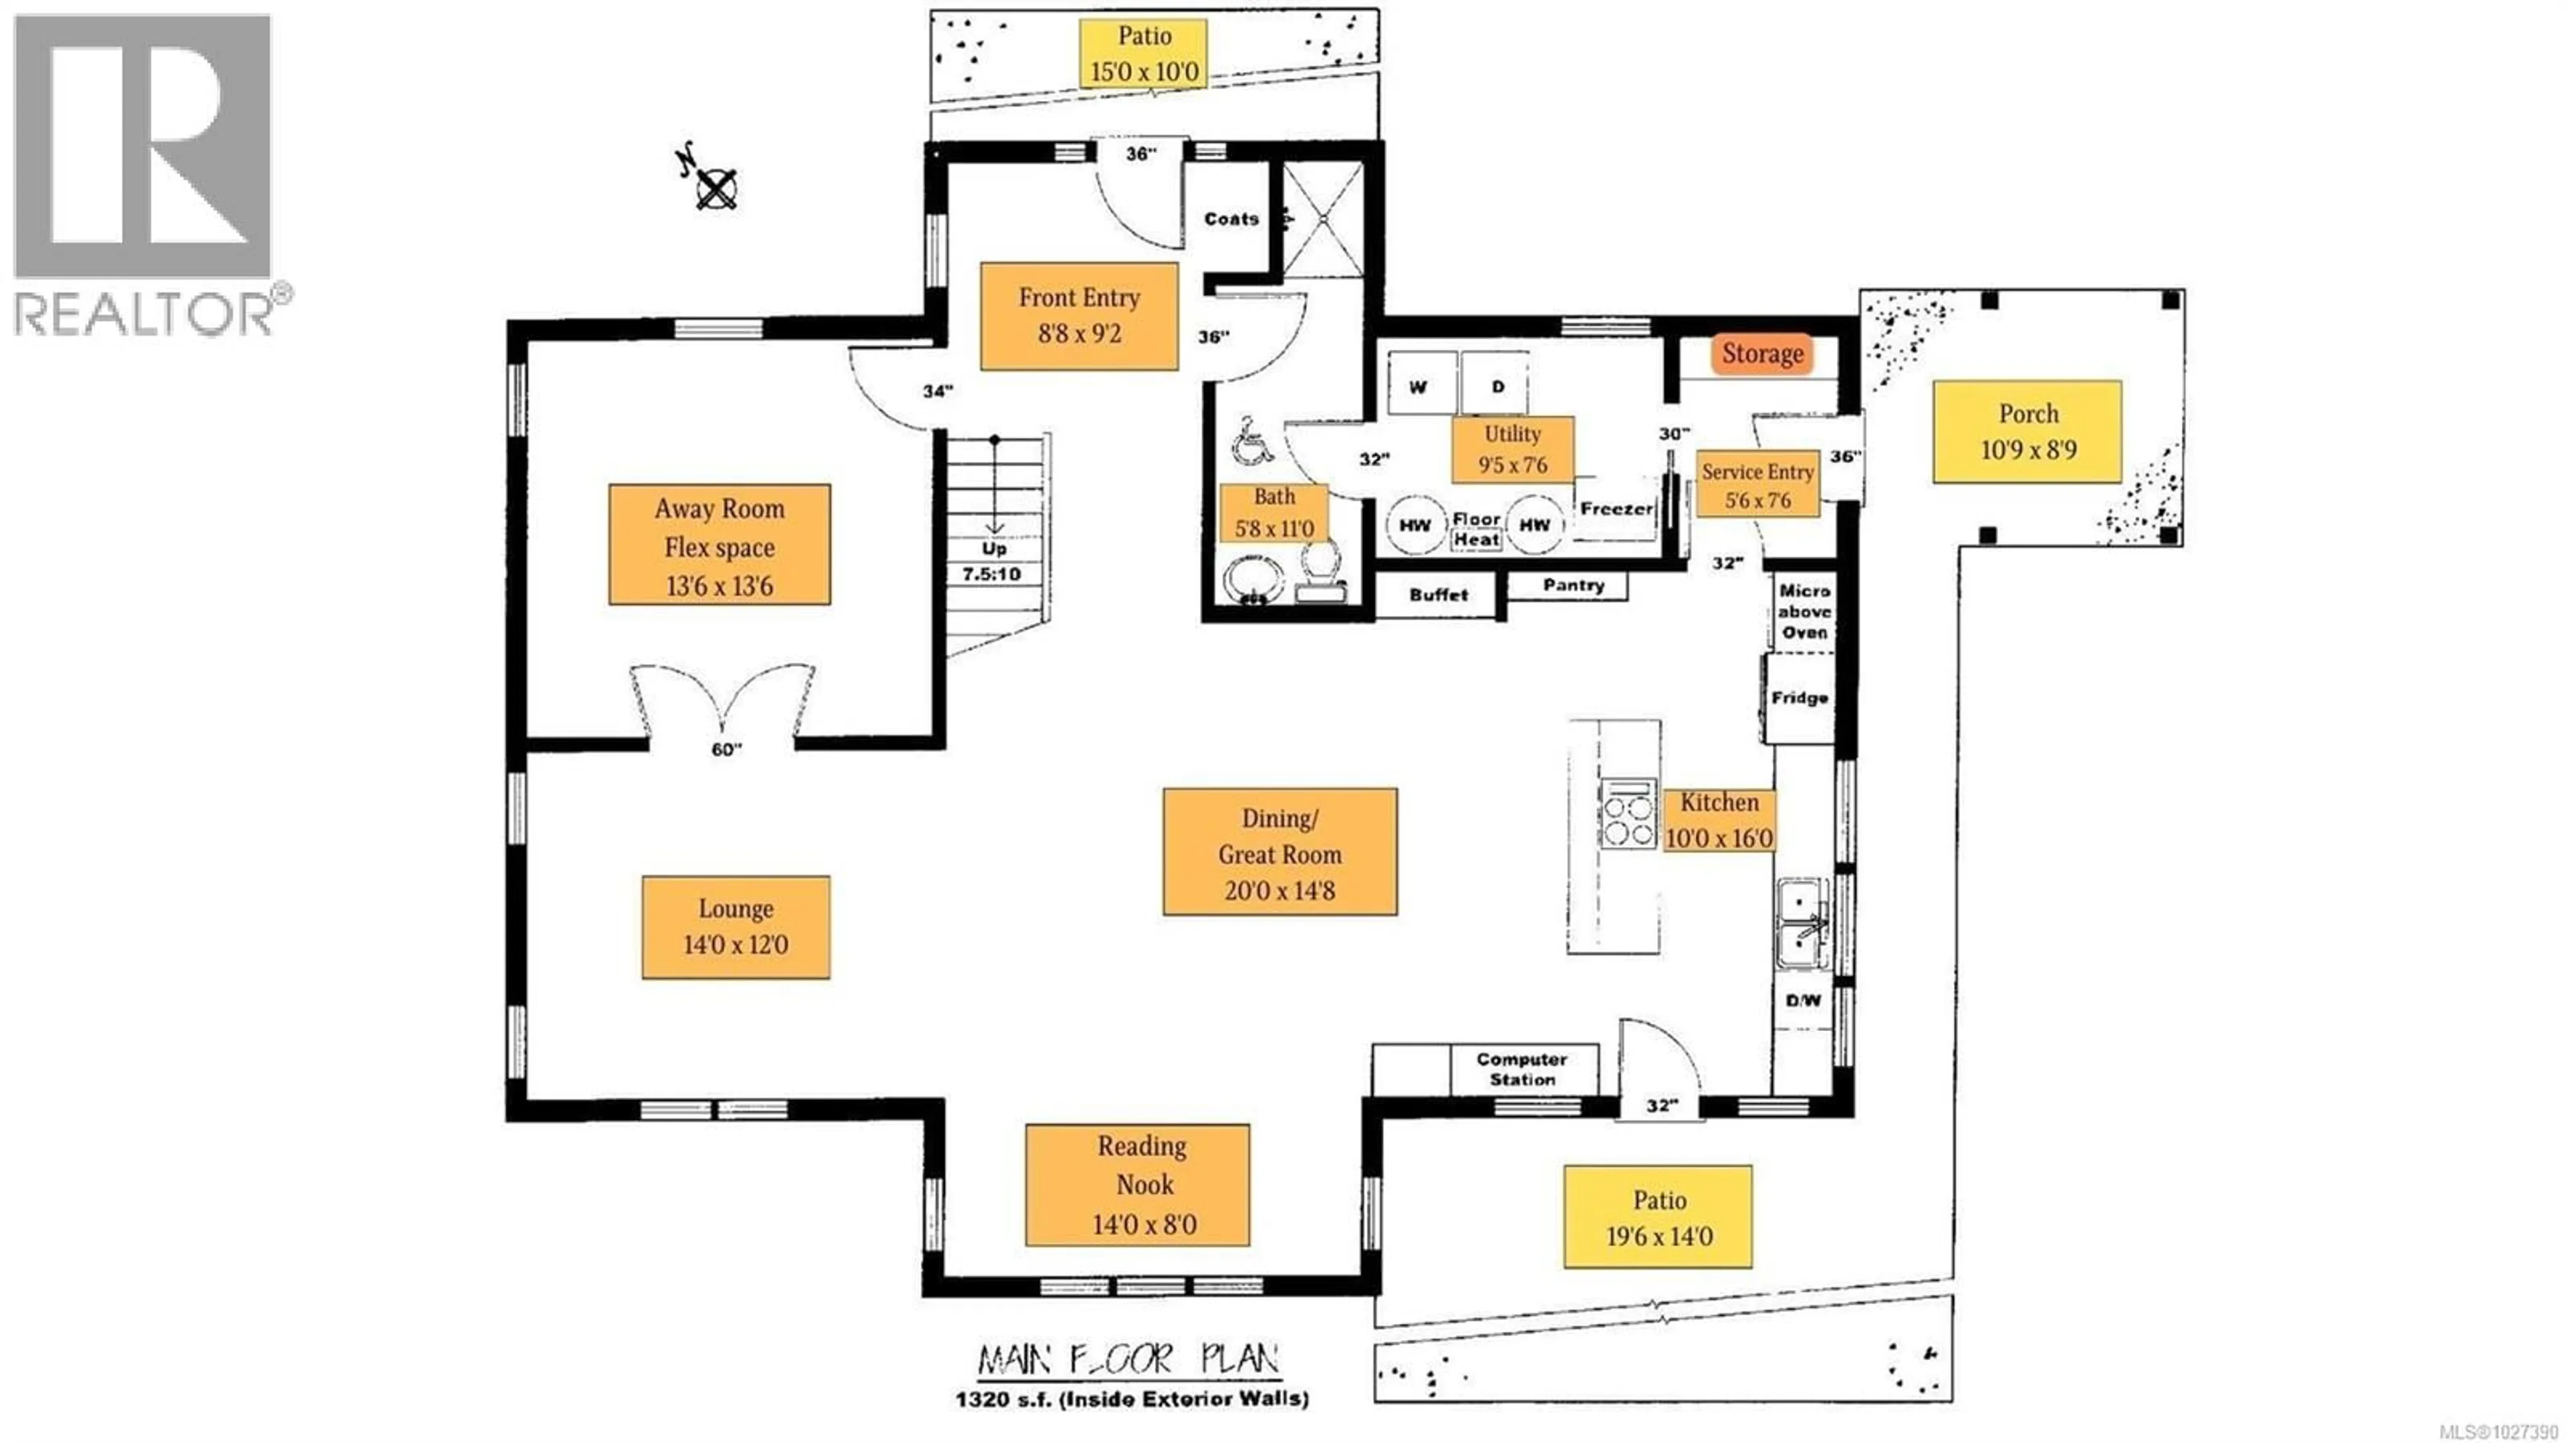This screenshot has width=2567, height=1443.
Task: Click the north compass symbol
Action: [715, 187]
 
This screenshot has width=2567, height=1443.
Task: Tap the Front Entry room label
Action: [1079, 316]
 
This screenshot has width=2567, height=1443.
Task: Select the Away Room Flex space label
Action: [719, 545]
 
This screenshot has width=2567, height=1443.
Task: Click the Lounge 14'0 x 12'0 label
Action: [735, 927]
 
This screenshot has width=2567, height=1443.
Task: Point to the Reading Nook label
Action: [1137, 1185]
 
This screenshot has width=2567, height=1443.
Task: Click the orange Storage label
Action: [1762, 354]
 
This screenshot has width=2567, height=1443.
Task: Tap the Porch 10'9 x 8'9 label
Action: [2027, 431]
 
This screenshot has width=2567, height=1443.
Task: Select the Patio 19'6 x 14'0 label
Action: [1658, 1217]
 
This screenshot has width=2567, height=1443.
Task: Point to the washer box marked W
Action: [1418, 386]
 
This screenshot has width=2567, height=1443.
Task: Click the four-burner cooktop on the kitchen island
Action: [1628, 813]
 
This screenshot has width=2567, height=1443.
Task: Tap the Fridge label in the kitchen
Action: [1799, 697]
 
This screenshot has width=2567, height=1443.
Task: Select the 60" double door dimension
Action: [727, 750]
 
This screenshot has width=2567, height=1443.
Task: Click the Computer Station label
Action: [1521, 1069]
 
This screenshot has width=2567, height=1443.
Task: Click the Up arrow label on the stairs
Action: [993, 548]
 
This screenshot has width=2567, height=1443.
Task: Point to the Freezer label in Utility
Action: [1615, 508]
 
